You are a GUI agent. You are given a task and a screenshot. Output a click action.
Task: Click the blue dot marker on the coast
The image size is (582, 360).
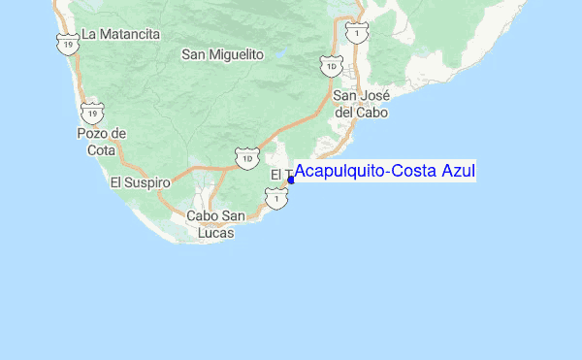point(290,180)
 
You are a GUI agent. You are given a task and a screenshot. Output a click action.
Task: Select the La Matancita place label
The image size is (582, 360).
point(120,34)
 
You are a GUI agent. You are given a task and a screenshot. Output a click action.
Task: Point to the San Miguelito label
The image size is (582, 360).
point(223,55)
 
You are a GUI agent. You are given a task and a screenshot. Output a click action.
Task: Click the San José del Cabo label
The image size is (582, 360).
point(361,104)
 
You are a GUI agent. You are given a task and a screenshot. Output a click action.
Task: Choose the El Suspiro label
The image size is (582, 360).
point(140,181)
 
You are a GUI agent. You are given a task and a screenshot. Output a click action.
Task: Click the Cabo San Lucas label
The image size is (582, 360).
point(215,224)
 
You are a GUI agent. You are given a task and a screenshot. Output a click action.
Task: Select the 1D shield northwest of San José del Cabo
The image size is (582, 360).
point(332,65)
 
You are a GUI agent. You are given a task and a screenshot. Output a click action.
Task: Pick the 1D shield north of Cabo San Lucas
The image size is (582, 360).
point(247,156)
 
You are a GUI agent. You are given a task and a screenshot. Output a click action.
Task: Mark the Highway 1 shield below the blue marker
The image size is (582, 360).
point(278,199)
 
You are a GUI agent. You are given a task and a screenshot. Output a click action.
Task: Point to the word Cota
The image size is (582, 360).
point(100,150)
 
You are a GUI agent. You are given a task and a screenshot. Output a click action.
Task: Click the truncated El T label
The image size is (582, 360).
point(279,175)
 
